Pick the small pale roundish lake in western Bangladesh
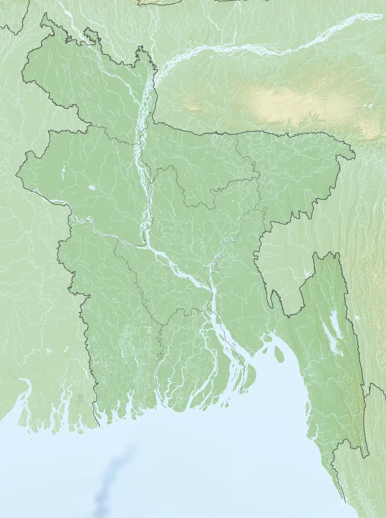[x=92, y=188]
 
